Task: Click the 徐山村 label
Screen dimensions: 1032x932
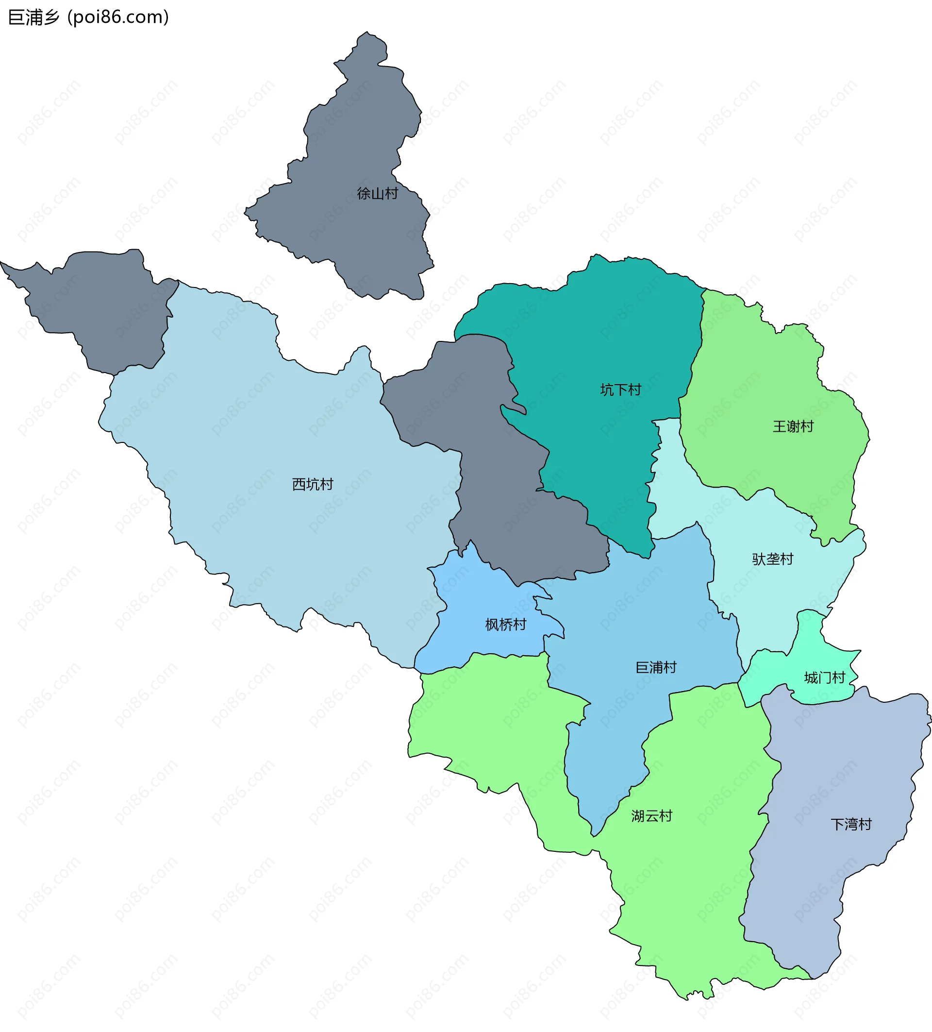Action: [x=377, y=193]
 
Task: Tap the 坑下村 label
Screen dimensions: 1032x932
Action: [x=620, y=390]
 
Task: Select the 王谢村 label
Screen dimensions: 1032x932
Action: [x=792, y=426]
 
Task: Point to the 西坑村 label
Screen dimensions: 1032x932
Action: [x=312, y=484]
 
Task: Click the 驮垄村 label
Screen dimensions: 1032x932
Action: [x=772, y=559]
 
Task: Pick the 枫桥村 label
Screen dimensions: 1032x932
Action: [x=505, y=625]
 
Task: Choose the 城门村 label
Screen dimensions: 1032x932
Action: [x=824, y=678]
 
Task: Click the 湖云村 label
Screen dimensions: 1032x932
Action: [x=651, y=816]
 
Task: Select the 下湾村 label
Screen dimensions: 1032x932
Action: [x=850, y=824]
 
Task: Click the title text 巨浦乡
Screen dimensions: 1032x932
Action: [x=34, y=17]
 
